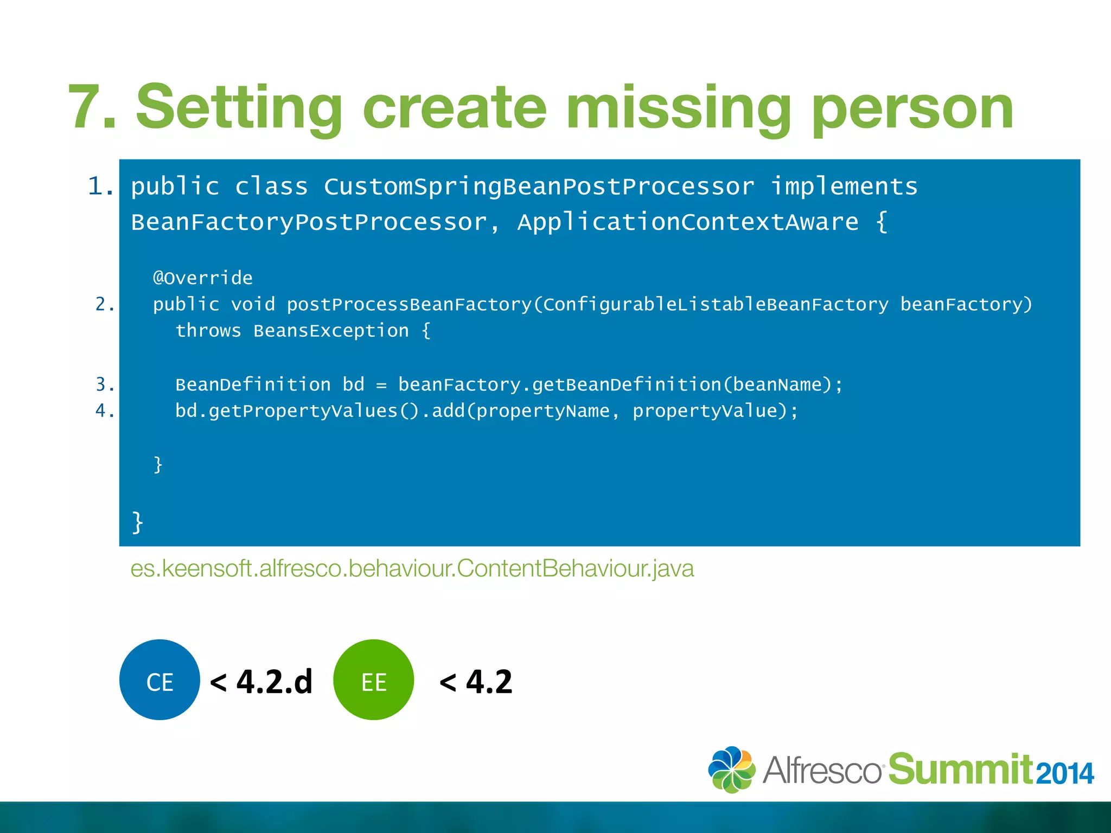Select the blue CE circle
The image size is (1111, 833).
coord(159,680)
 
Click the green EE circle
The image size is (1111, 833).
coord(374,680)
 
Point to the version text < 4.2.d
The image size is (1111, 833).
coord(261,682)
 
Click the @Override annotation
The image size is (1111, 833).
coord(203,278)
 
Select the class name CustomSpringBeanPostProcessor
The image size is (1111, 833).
coord(539,187)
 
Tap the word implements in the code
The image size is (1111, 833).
coord(844,187)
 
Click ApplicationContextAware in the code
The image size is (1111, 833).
coord(687,222)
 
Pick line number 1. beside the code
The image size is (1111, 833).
coord(101,187)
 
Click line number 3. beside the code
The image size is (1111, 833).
coord(105,385)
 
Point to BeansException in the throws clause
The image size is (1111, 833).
coord(331,331)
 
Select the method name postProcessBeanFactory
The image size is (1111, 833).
coord(409,304)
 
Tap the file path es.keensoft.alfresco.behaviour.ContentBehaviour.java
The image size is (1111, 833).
coord(412,569)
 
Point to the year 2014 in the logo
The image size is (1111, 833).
coord(1064,774)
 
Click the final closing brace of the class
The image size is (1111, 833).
coord(138,522)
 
